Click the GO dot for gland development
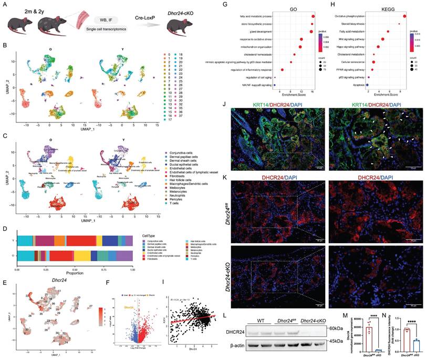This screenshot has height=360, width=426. (x=311, y=32)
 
